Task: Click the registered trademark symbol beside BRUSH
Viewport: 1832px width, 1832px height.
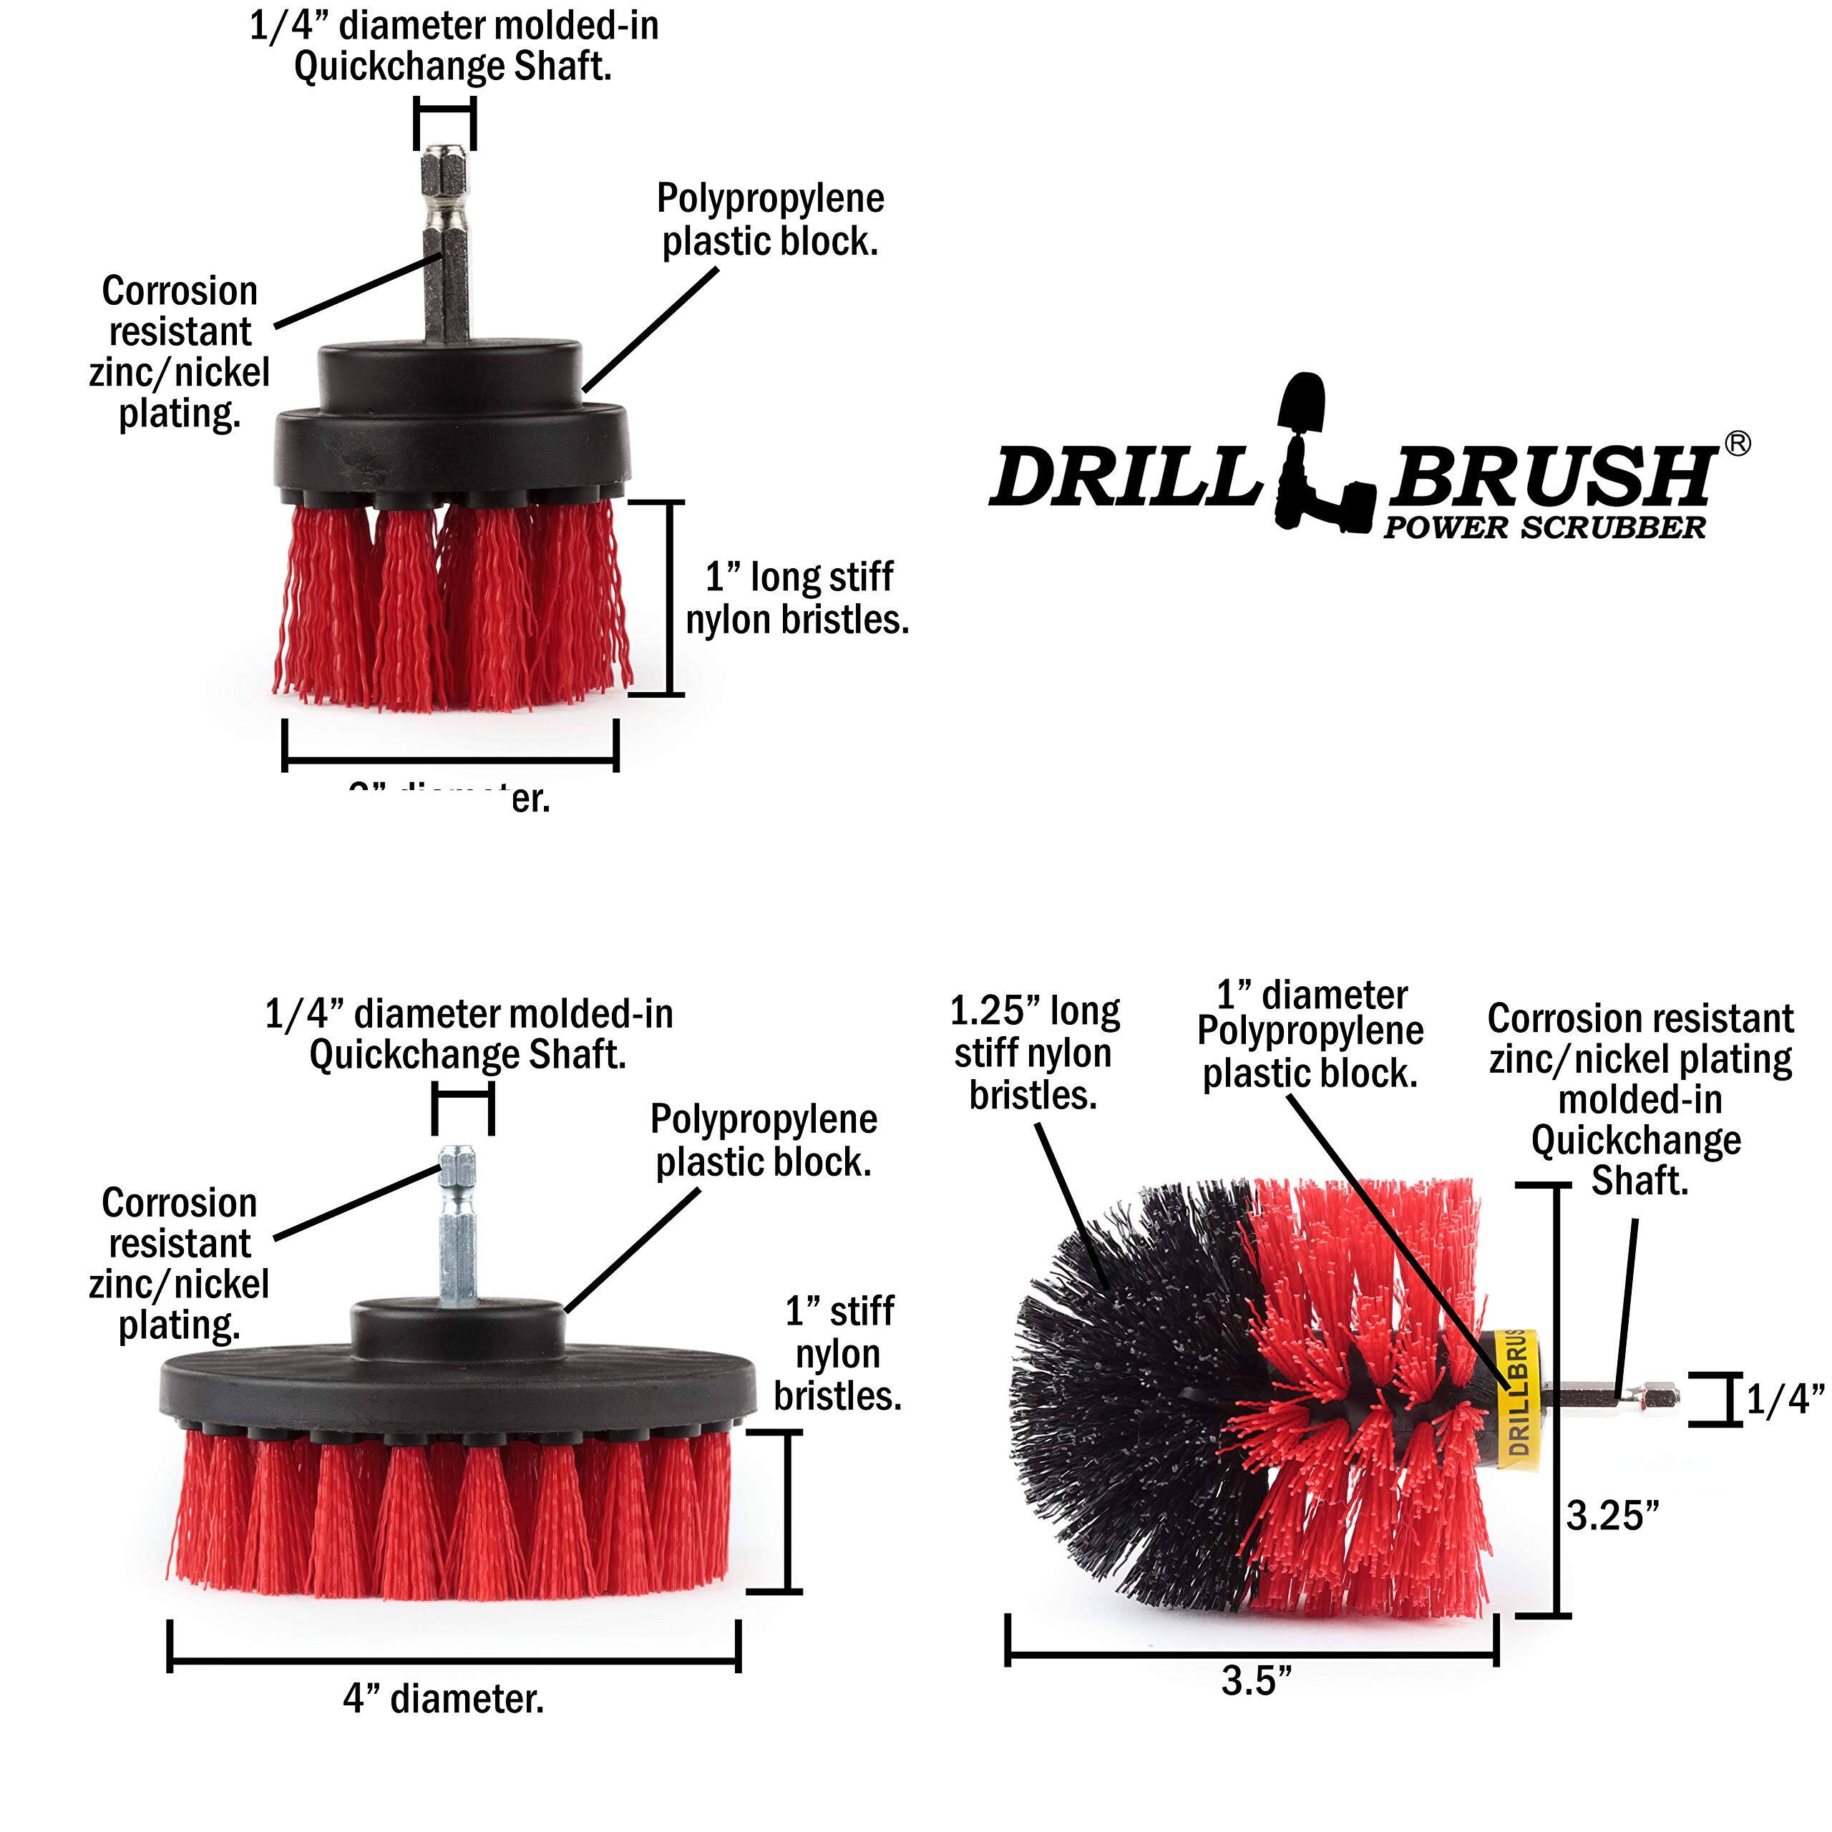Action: pyautogui.click(x=1737, y=444)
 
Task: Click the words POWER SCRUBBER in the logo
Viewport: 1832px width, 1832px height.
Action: pyautogui.click(x=1544, y=528)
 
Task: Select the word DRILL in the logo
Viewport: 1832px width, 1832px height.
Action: pyautogui.click(x=1124, y=477)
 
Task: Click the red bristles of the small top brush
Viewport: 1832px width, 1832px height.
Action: pyautogui.click(x=453, y=607)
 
